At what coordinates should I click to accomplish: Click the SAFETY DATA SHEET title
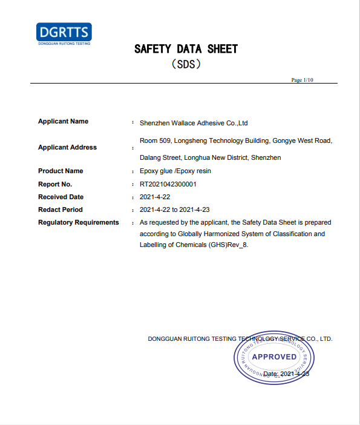[x=186, y=49]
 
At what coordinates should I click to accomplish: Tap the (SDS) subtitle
[x=186, y=63]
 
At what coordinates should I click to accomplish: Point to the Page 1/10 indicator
[x=303, y=80]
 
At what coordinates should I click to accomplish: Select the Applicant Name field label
[x=63, y=121]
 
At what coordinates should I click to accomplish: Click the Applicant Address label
[x=67, y=147]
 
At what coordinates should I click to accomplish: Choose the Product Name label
[x=61, y=171]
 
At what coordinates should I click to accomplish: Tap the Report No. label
[x=55, y=183]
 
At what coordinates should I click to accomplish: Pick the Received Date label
[x=61, y=197]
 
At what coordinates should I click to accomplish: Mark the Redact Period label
[x=61, y=209]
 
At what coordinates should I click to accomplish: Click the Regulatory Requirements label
[x=79, y=222]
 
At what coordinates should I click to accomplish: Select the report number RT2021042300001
[x=168, y=184]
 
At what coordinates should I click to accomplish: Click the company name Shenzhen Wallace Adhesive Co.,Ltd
[x=194, y=122]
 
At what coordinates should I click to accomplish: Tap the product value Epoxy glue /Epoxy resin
[x=175, y=171]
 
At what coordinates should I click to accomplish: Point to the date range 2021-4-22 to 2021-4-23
[x=174, y=210]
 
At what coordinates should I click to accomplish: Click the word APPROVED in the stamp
[x=274, y=357]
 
